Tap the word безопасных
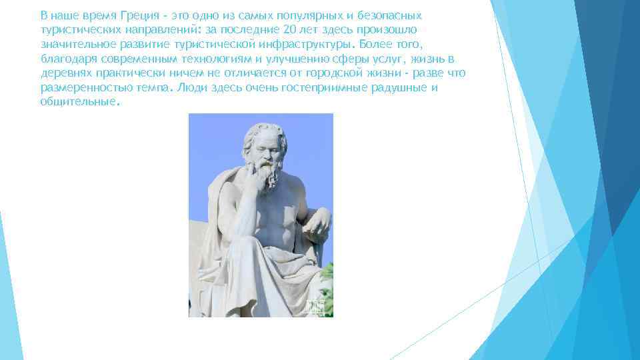coord(387,15)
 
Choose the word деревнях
coord(63,73)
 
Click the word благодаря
coord(65,59)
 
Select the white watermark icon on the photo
coord(315,305)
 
